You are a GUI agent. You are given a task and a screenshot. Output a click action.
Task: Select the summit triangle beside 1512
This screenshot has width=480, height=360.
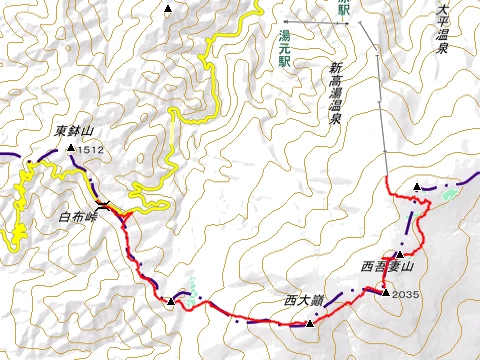(x=71, y=149)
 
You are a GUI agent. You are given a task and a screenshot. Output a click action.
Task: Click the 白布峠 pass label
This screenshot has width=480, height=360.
(x=78, y=216)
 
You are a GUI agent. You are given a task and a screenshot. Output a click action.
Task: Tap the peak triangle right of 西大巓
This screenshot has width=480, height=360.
(x=310, y=322)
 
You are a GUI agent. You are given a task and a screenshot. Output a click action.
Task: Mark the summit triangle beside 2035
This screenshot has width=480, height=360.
(x=385, y=292)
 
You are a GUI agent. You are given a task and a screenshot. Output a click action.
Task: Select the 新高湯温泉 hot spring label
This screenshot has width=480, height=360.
(x=335, y=91)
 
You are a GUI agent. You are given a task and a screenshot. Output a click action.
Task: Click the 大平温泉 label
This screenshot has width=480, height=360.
(x=443, y=30)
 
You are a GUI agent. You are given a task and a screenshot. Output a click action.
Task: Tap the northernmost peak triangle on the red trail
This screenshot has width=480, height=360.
(x=416, y=187)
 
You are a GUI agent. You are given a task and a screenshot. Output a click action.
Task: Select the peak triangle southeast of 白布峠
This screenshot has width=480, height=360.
(x=171, y=301)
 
